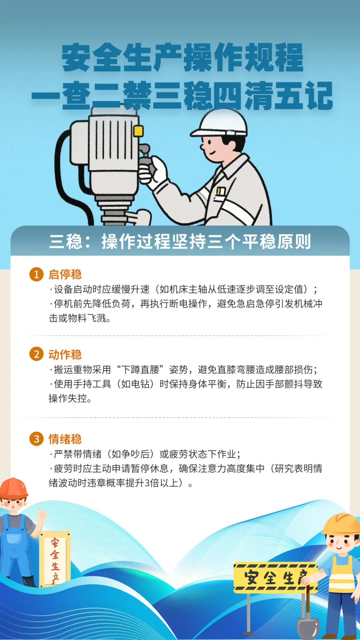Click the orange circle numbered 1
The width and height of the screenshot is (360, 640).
pyautogui.click(x=36, y=274)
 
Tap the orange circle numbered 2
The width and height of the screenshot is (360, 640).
pyautogui.click(x=36, y=354)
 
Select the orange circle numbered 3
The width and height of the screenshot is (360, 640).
pyautogui.click(x=36, y=439)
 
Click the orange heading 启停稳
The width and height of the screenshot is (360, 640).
pyautogui.click(x=65, y=274)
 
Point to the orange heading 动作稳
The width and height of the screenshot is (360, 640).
pyautogui.click(x=65, y=354)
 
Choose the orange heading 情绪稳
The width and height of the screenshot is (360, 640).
pyautogui.click(x=65, y=439)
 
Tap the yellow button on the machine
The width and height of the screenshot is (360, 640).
pyautogui.click(x=138, y=131)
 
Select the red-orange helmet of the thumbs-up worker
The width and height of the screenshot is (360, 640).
pyautogui.click(x=13, y=488)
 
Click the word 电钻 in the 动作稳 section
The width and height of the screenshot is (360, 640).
pyautogui.click(x=140, y=384)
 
